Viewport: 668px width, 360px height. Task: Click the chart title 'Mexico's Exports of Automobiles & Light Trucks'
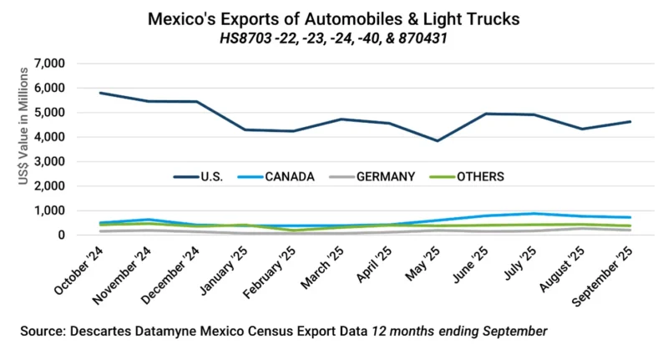tap(334, 18)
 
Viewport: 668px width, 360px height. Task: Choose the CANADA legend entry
tap(289, 176)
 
